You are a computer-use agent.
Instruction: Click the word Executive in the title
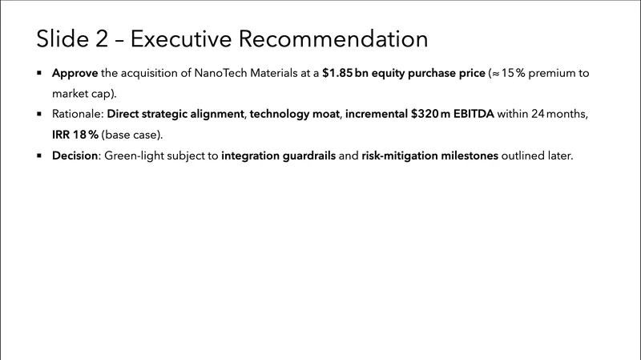coord(181,38)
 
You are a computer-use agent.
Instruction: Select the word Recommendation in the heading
coord(333,38)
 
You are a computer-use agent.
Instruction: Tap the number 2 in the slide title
coord(102,38)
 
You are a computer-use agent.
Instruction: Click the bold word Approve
coord(75,74)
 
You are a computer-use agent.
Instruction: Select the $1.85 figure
coord(337,73)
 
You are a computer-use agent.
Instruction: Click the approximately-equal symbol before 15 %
coord(495,74)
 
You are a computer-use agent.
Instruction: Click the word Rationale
coord(78,114)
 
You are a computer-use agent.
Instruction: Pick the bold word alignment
coord(217,114)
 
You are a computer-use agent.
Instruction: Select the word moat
coord(326,114)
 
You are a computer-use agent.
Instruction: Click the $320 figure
coord(425,114)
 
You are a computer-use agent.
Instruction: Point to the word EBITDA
coord(474,114)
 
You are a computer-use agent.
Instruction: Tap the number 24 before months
coord(538,114)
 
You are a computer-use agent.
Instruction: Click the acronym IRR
coord(61,135)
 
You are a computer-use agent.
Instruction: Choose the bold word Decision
coord(75,156)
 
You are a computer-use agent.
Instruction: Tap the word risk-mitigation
coord(399,156)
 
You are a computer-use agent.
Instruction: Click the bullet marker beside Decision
coord(39,156)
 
